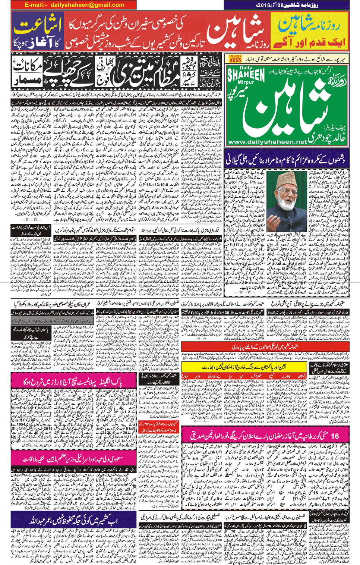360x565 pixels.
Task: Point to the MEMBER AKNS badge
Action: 235,59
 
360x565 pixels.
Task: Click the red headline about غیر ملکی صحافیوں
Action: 265,347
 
